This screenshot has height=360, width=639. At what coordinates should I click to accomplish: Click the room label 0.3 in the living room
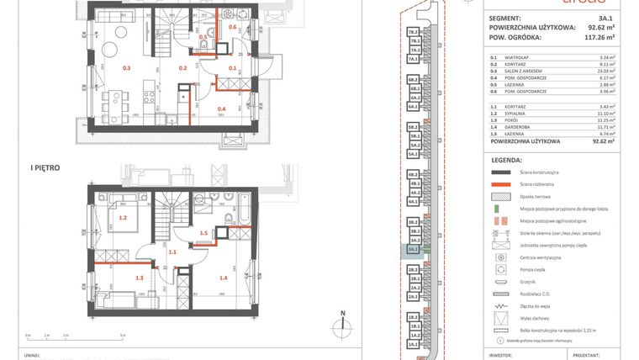coord(127,67)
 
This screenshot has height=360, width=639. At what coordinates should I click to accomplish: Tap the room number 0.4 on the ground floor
coord(222,109)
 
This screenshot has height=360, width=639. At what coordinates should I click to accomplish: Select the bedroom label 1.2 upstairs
coord(123,218)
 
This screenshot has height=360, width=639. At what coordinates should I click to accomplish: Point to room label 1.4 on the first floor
coord(224,277)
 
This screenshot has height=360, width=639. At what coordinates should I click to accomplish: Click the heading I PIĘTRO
coord(45,168)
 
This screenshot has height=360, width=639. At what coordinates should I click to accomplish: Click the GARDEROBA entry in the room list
coord(525,126)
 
